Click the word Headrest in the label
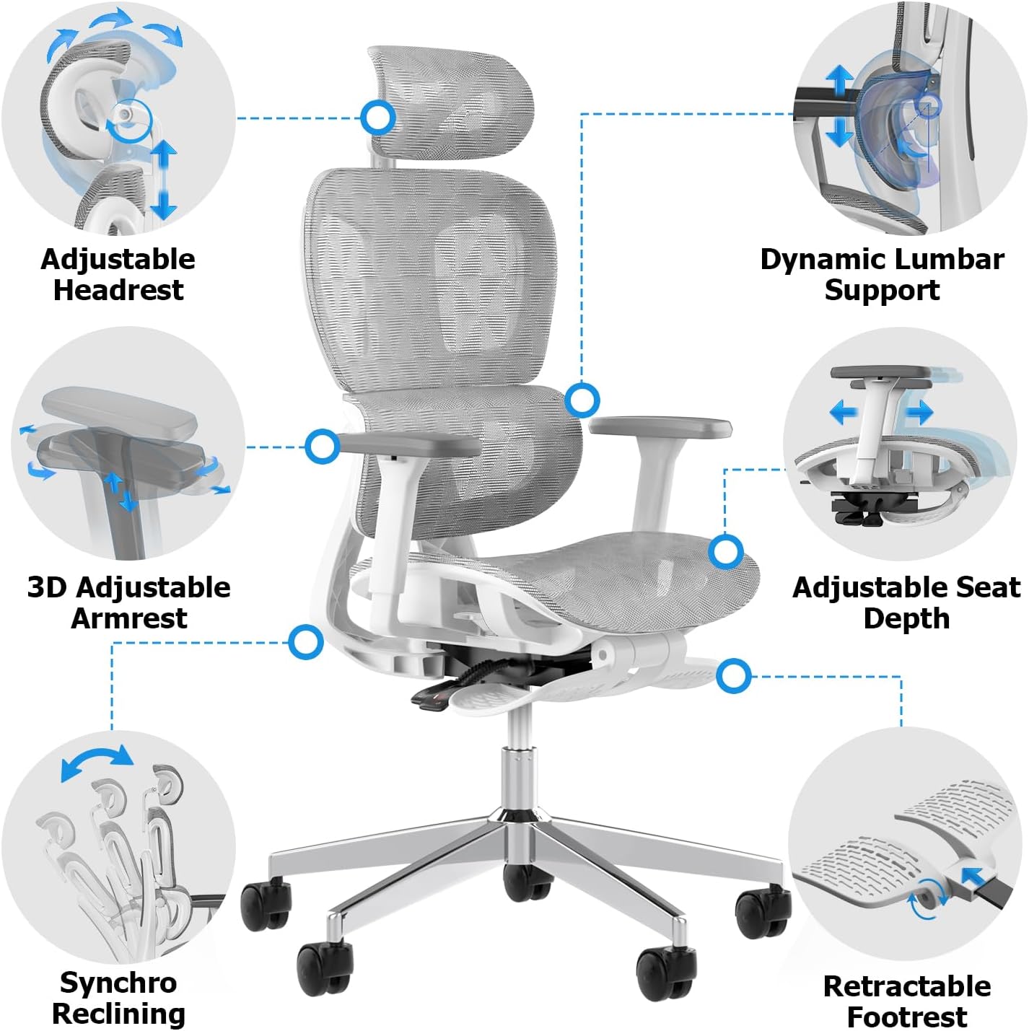pos(118,290)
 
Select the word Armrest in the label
pos(128,618)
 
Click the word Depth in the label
pos(906,618)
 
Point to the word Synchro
pos(118,982)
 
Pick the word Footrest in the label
pos(906,1017)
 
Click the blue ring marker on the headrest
pos(378,117)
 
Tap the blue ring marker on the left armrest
pos(323,447)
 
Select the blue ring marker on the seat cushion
pos(725,552)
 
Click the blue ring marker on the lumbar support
pos(582,399)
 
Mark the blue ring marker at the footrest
pos(734,676)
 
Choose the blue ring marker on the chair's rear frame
pos(306,641)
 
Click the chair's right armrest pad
pos(660,426)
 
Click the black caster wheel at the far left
pos(266,906)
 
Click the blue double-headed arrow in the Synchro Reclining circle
pos(97,762)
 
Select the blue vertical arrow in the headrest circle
pos(164,179)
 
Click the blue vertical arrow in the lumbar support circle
pos(839,106)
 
